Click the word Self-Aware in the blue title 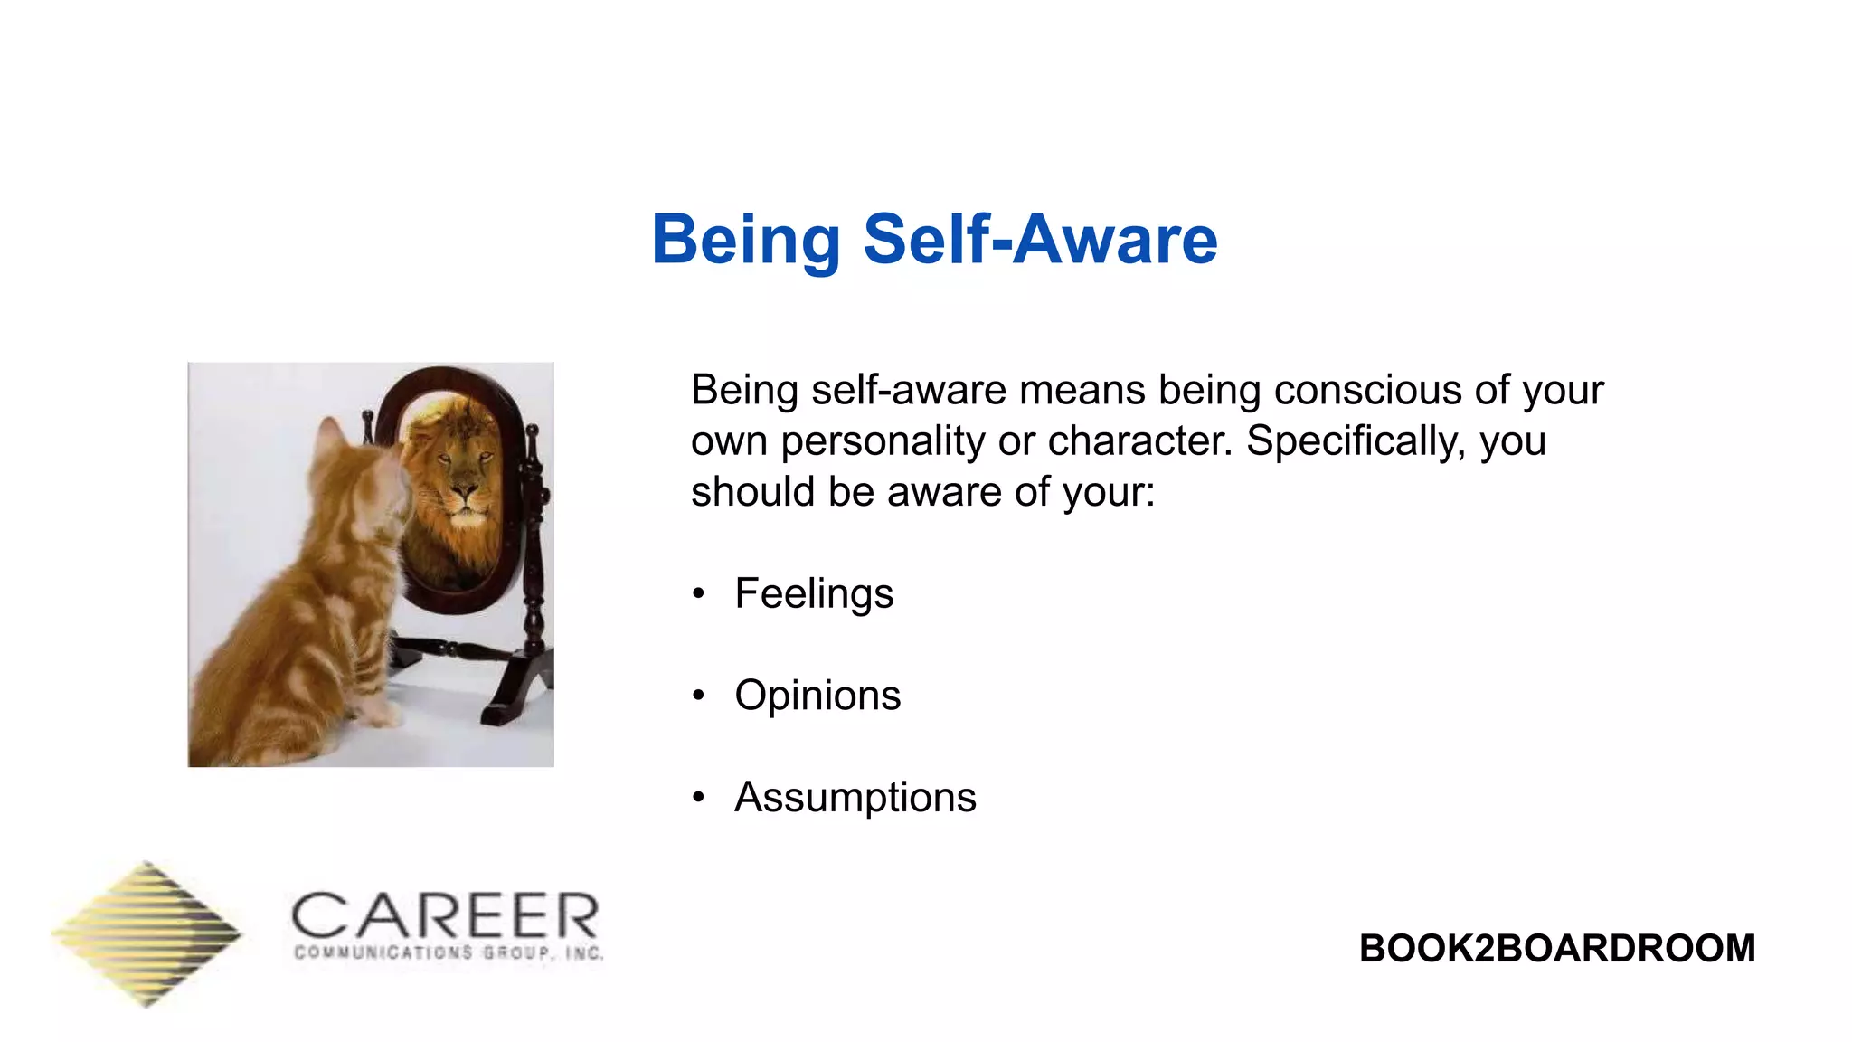[1040, 240]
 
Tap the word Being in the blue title [746, 240]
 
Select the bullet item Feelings [814, 594]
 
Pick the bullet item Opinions [817, 696]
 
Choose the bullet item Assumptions [855, 798]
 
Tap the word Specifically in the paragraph [1356, 441]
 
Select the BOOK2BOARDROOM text [1556, 948]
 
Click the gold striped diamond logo [146, 933]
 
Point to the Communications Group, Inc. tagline [449, 952]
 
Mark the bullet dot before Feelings [698, 594]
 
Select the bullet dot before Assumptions [698, 798]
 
